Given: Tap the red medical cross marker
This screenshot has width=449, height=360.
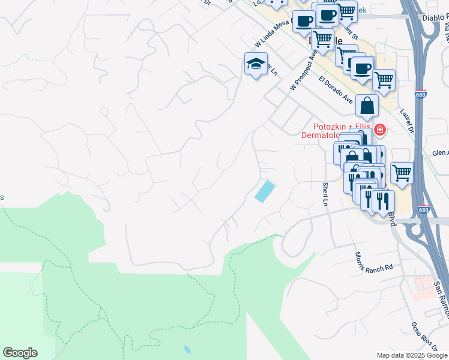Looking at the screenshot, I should point(379,130).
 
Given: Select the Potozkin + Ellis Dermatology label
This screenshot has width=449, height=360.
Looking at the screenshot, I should point(343,130).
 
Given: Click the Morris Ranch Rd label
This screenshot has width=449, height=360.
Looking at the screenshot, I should point(373,260).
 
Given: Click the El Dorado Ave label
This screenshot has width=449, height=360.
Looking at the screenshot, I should point(336,89).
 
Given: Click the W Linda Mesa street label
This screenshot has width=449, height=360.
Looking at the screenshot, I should point(273,32).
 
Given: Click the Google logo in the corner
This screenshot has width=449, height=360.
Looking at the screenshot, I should point(20,353).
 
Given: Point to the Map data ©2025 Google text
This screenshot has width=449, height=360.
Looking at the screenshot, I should point(412,355).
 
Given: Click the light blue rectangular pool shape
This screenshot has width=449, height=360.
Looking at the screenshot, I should point(264,192).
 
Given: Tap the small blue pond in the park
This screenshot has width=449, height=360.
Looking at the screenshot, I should point(187,349).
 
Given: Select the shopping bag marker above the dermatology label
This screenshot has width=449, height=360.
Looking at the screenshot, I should point(367,106).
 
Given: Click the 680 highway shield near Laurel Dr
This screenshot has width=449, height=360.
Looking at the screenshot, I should point(421,95).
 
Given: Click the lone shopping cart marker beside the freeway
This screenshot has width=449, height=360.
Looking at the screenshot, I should point(402,173).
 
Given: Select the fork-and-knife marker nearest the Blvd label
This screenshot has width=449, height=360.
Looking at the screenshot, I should point(382,202).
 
